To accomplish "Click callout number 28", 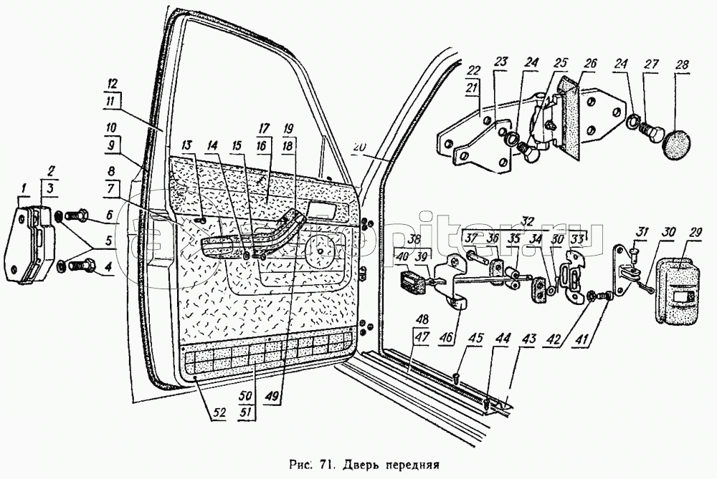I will (681, 65).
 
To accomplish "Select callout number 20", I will (359, 147).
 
